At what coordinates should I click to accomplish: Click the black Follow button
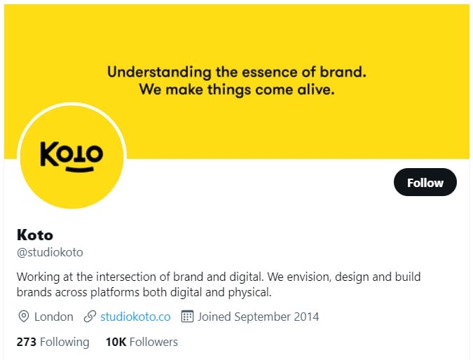tap(425, 182)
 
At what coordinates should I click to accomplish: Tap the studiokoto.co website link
tap(135, 317)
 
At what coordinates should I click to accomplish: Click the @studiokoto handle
tap(50, 252)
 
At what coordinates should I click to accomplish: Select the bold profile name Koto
tap(35, 235)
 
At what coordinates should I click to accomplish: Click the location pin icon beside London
tap(24, 317)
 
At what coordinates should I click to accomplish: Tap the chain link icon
tap(90, 317)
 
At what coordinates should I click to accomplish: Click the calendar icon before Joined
tap(187, 317)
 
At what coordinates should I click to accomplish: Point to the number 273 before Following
tap(27, 342)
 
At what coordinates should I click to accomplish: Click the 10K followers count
tap(116, 342)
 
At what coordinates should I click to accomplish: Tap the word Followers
tap(154, 342)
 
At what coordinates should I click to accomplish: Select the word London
tap(54, 317)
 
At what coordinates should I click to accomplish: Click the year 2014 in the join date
tap(306, 317)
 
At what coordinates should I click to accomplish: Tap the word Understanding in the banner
tap(159, 73)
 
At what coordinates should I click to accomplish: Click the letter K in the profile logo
tap(49, 154)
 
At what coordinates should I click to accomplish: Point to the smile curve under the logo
tap(80, 169)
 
